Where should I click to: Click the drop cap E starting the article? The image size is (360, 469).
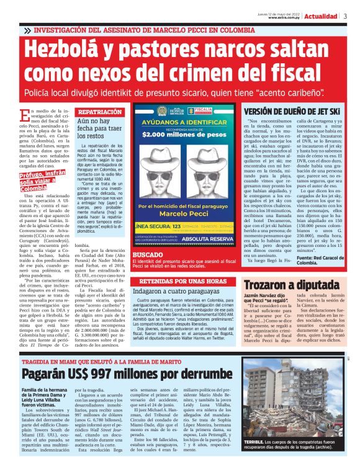coord(24,114)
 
